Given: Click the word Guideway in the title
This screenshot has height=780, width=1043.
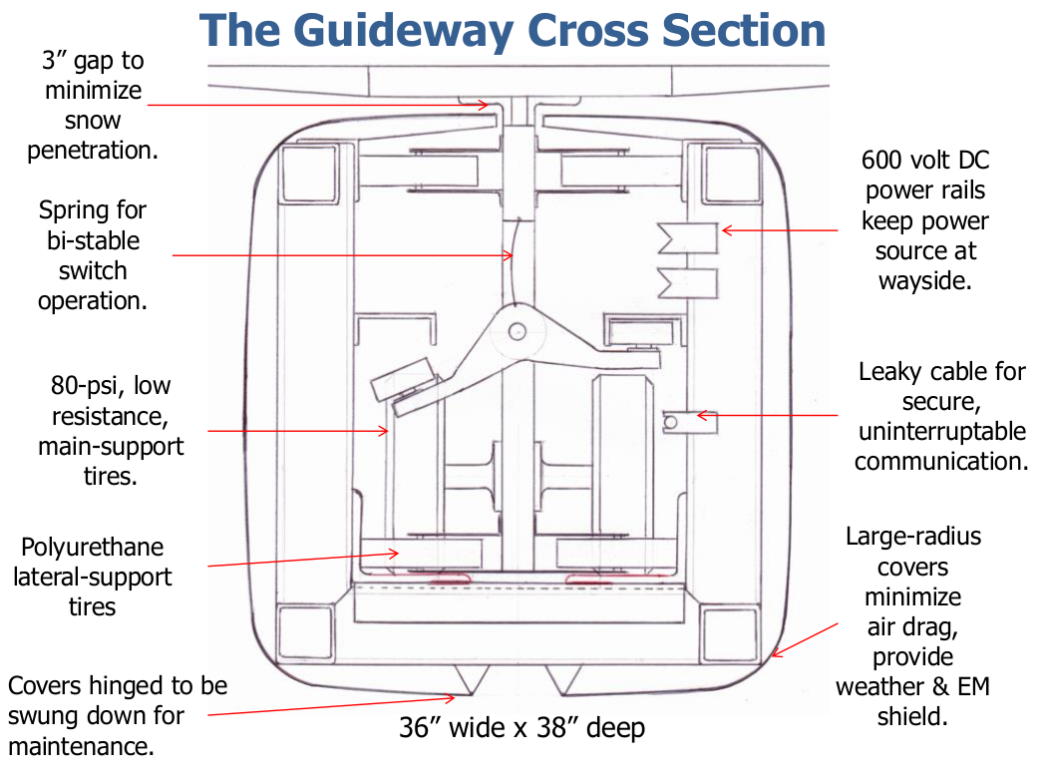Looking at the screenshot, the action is point(404,31).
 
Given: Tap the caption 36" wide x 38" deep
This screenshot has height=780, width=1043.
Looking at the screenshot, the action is point(522,728).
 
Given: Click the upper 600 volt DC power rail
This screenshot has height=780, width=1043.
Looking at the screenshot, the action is point(688,237).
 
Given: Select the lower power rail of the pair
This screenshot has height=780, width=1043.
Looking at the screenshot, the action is point(688,283).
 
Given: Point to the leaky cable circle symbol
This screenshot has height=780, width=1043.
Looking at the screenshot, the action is point(670,422).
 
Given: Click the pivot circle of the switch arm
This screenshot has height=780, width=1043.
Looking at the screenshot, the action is point(517,331).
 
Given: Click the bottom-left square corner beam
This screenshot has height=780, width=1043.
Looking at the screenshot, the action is point(306,632).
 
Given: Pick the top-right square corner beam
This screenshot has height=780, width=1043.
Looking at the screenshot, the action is point(732,175).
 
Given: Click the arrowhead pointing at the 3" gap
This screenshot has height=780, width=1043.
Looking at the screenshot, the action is point(484,105).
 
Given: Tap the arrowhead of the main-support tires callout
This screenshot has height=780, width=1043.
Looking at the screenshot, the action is point(384,431).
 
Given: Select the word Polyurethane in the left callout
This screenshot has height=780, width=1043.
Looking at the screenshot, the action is point(93,548).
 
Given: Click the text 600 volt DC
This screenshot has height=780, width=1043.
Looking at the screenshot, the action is point(925,161).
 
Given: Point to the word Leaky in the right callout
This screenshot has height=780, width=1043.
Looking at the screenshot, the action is point(889,372).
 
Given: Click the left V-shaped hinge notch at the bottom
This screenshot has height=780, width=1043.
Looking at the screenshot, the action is point(472,678).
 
